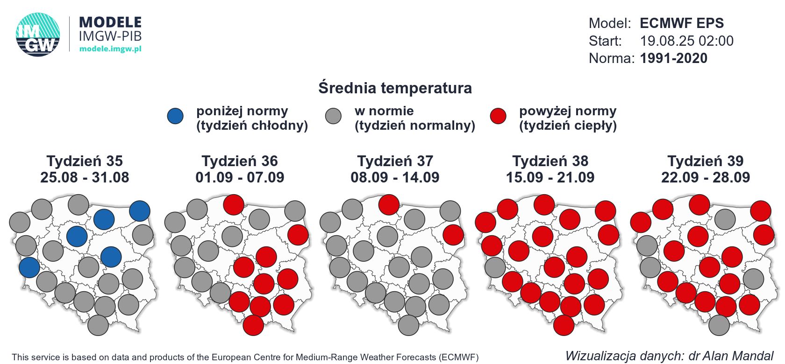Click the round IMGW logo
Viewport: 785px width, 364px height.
coord(38,35)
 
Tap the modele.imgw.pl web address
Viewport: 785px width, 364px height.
coord(110,49)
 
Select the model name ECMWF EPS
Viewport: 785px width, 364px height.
coord(682,23)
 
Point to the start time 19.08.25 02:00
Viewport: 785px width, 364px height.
coord(686,41)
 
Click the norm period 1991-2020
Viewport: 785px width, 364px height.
coord(673,58)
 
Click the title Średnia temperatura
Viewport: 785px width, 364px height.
coord(395,88)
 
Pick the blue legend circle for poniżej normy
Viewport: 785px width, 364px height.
coord(176,116)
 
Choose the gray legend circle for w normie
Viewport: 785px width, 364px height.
coord(334,116)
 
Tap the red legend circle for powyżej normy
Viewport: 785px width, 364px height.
coord(498,116)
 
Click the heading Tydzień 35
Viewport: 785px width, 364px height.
coord(85,161)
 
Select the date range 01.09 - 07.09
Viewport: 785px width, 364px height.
coord(240,177)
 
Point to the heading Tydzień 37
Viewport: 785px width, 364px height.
coord(395,161)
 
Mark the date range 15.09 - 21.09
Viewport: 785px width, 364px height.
coord(550,177)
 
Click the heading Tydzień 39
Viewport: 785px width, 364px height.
coord(705,161)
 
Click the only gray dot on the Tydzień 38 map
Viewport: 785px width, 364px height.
coord(495,267)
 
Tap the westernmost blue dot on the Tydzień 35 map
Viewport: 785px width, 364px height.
coord(29,267)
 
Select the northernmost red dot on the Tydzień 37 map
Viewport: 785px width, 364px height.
coord(389,204)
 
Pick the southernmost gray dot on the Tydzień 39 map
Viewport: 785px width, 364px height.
coord(719,325)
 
